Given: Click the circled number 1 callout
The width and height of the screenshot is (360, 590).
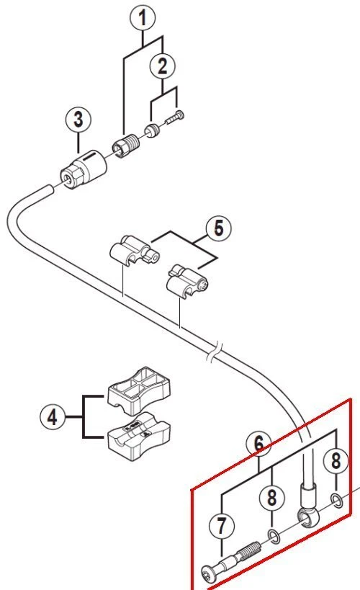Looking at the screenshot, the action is [x=143, y=19].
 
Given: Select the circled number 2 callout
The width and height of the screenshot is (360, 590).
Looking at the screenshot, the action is [x=163, y=66].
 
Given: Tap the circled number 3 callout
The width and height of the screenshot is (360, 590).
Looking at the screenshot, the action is [x=78, y=120].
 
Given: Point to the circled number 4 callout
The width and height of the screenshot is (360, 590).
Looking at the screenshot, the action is [x=53, y=416].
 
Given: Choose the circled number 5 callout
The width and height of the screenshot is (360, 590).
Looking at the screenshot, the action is [x=219, y=228].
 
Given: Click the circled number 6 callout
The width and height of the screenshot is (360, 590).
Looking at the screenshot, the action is [x=258, y=444].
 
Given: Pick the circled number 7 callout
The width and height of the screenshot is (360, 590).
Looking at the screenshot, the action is [x=221, y=525].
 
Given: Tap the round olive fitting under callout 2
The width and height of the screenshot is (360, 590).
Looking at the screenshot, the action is [x=153, y=130].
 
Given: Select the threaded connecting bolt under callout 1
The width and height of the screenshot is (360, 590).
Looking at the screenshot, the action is [x=126, y=146].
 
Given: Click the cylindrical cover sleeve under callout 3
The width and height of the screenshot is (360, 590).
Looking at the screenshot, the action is [x=84, y=169].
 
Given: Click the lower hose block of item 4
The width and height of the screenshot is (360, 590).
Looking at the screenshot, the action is [x=139, y=437].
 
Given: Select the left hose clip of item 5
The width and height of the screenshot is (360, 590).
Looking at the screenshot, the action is [x=134, y=251].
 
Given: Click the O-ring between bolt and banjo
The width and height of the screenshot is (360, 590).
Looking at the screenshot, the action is [x=274, y=536].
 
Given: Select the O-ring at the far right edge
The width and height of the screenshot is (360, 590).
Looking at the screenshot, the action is [x=337, y=501].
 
